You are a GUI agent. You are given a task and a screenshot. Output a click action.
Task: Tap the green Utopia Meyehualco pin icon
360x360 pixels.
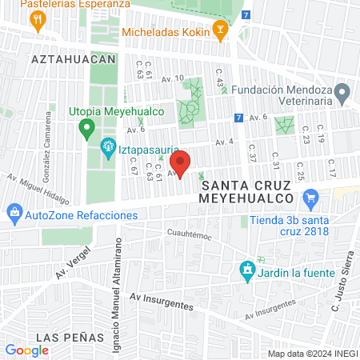86,128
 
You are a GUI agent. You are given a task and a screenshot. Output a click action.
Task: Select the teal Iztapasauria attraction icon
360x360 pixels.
106,146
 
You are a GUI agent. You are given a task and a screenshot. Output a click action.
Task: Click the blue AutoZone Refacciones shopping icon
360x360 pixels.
14,214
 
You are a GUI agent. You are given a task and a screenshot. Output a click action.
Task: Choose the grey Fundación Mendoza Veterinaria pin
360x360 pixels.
342,93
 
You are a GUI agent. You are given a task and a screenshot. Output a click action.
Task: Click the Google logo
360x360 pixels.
26,350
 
